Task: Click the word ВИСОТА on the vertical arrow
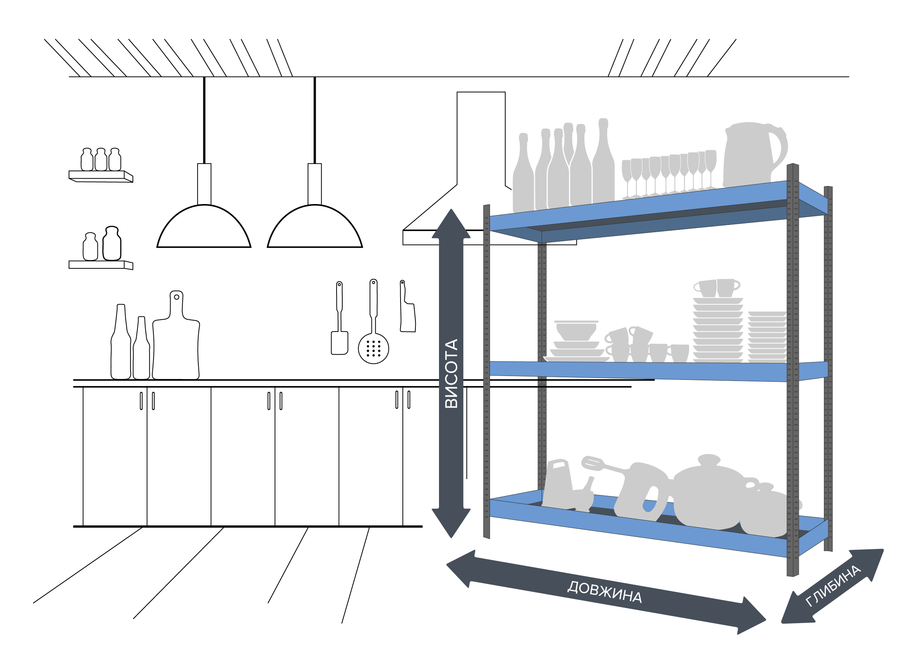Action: coord(451,373)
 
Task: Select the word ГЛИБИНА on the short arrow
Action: coord(833,586)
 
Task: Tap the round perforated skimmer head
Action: coord(373,349)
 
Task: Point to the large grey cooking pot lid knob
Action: coord(709,459)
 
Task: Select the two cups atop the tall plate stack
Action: coord(717,288)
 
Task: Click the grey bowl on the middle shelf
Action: coord(576,330)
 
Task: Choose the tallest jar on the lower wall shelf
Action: coord(112,244)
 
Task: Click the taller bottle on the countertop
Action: coord(121,342)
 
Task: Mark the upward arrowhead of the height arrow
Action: coord(451,224)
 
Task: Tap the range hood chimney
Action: coord(480,139)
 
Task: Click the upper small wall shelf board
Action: coord(101,176)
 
